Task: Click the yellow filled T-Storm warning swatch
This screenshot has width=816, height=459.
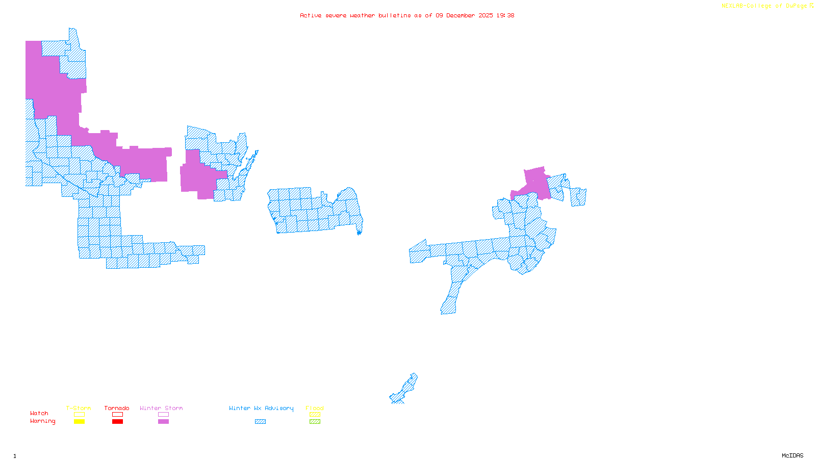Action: (79, 422)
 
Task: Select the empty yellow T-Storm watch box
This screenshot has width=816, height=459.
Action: (79, 415)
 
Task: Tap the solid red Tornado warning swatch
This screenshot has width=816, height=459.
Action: (117, 422)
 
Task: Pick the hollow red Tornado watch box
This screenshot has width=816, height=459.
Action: (117, 415)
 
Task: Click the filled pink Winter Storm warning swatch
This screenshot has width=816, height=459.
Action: (163, 422)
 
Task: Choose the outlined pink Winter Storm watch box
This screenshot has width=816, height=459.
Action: (163, 415)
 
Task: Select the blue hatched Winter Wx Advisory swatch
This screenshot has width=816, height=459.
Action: (260, 422)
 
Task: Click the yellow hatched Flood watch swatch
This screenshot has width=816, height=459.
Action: (315, 415)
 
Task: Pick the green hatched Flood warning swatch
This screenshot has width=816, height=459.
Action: (315, 422)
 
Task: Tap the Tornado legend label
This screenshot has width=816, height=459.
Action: (117, 408)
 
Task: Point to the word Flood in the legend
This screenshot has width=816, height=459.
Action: (315, 408)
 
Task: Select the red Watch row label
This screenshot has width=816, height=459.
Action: (39, 413)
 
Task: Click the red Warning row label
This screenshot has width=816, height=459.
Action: (42, 421)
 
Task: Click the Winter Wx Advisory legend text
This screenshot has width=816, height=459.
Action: (261, 408)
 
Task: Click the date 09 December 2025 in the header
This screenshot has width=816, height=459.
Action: (464, 15)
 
